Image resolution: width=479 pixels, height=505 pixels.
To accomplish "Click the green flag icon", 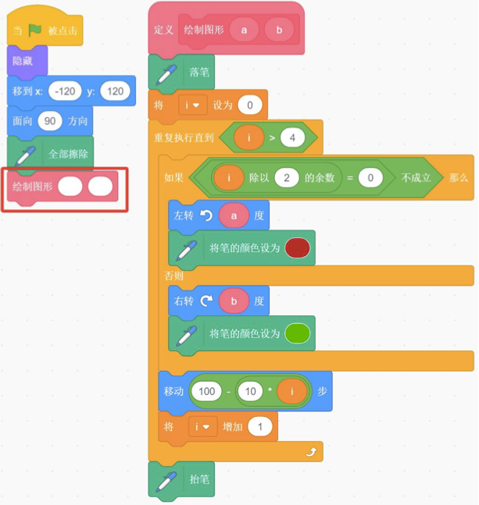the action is point(35,30).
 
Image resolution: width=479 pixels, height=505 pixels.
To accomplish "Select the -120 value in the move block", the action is point(65,91).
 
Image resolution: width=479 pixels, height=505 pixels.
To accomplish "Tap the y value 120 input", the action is point(115,91).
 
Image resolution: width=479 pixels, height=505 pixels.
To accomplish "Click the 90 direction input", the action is point(50,121).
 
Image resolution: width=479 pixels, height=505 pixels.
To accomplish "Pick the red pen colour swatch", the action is point(297,247).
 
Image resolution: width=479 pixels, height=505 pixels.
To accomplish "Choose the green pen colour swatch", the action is point(297,333).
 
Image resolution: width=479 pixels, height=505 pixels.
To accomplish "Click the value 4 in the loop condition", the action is point(292,138).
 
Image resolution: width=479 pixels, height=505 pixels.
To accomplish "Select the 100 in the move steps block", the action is point(206,391).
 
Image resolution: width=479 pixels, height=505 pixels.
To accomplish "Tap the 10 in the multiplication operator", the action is point(251,391).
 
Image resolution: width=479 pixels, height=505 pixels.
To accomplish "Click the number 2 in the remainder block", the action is point(287,177).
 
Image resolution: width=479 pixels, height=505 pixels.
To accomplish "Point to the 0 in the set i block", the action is point(250,105).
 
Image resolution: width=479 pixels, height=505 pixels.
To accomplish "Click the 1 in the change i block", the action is point(259,427).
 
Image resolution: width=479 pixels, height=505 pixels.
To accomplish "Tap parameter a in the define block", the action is point(244,30).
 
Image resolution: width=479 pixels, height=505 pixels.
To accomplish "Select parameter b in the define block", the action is point(279,30).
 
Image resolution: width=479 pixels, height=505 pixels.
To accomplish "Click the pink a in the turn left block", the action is point(234,215).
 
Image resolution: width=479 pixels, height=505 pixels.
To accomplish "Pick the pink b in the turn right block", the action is point(234,301).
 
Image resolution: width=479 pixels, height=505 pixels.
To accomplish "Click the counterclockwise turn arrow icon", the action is point(206,215).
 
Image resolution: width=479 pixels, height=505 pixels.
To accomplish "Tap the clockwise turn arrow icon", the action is point(206,301).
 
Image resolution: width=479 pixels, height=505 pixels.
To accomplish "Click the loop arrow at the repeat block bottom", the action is point(311,452).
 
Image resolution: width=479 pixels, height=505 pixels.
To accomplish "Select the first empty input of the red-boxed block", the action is point(70,186).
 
